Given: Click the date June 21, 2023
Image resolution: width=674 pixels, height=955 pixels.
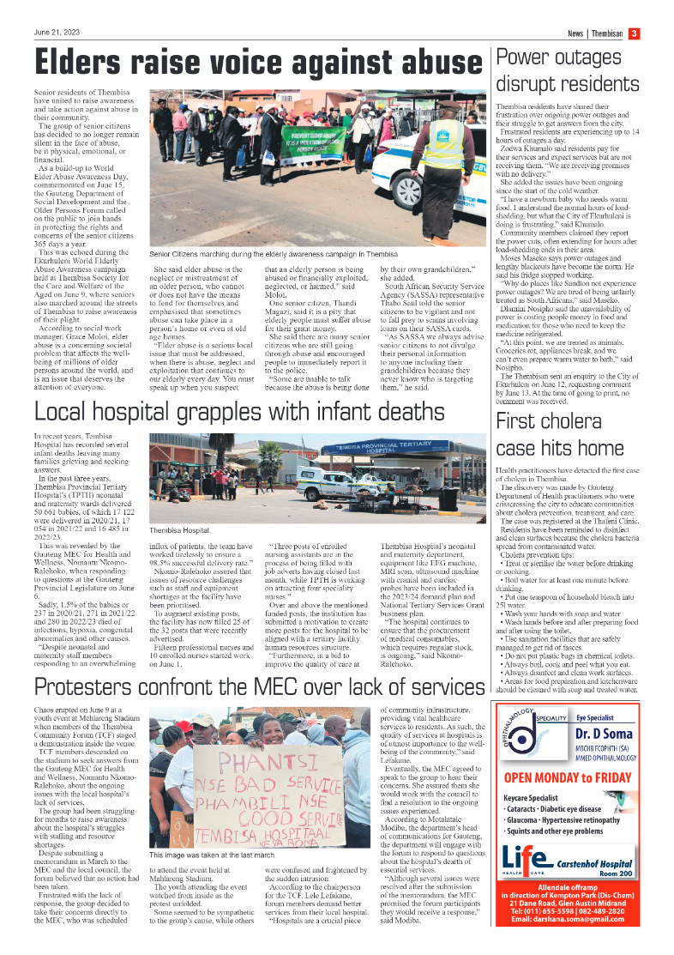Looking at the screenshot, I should pyautogui.click(x=57, y=33).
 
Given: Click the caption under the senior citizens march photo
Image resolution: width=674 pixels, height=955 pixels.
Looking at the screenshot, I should pyautogui.click(x=274, y=255).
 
